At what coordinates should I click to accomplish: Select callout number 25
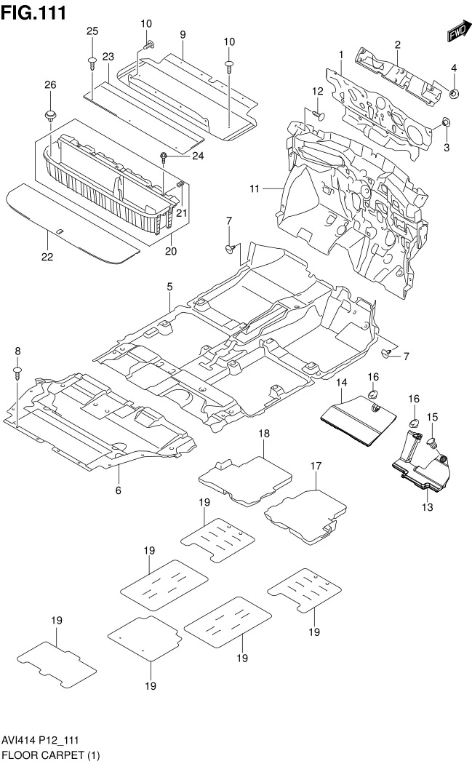click(92, 31)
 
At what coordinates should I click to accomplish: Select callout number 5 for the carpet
click(169, 287)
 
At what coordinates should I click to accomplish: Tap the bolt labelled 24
click(166, 156)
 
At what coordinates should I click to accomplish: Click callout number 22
click(47, 257)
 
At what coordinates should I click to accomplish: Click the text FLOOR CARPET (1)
click(50, 755)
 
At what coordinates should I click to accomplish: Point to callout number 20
click(172, 252)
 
